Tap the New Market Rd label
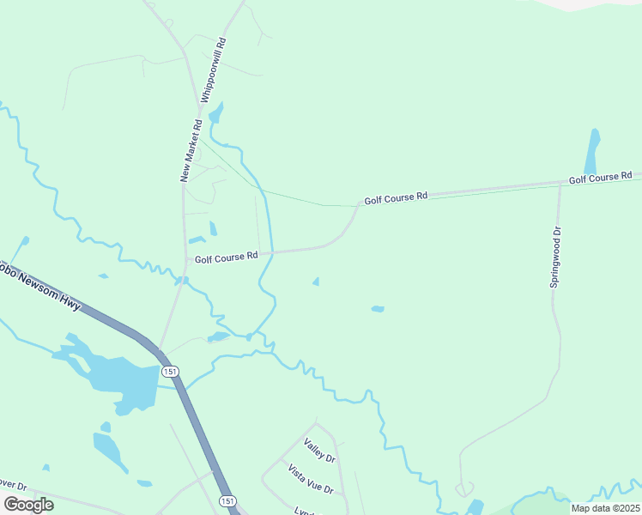pos(191,150)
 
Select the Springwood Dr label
pos(556,256)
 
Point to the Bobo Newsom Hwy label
pos(39,282)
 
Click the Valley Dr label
pos(319,451)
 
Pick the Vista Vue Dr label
pos(310,478)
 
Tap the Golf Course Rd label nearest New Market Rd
pos(226,256)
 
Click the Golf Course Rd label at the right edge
pos(600,178)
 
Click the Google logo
pos(28,505)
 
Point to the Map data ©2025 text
pos(604,508)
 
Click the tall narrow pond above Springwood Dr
pos(592,152)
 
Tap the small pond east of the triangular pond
pos(377,308)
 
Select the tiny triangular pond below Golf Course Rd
pos(317,281)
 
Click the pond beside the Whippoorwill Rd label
pos(215,113)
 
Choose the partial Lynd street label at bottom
pos(304,510)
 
